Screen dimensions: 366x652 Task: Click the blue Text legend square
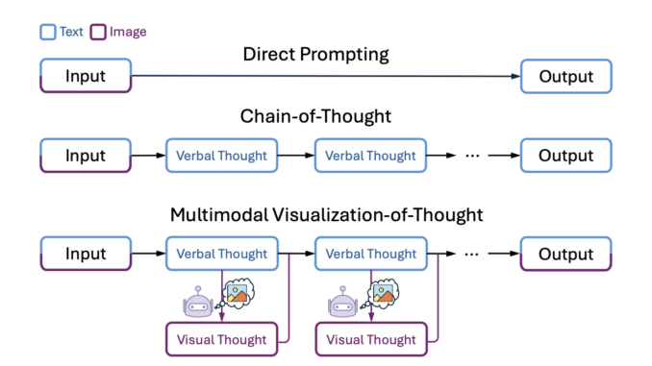coord(48,32)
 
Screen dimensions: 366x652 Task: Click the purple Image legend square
coord(98,32)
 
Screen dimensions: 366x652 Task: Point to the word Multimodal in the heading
coord(216,214)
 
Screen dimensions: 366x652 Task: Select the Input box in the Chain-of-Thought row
coord(85,156)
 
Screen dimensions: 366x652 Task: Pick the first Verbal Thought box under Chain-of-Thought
coord(222,156)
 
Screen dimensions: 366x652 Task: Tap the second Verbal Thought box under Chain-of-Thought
coord(371,156)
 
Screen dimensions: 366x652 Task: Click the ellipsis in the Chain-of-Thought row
coord(472,156)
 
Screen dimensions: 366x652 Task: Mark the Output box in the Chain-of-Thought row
coord(565,156)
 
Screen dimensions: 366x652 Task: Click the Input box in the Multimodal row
coord(85,255)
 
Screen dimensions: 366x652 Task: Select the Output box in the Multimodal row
coord(565,255)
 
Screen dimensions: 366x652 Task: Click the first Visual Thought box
coord(222,339)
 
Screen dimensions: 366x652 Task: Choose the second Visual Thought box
coord(371,339)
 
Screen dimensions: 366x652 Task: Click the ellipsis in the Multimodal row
coord(472,255)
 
